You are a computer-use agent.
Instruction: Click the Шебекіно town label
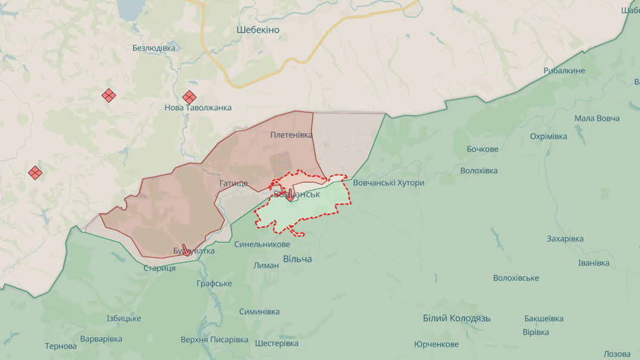tap(258, 30)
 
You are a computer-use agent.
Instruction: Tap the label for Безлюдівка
tap(154, 48)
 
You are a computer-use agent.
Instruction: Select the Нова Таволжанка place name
tap(198, 108)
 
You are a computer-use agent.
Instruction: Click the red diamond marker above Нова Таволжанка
tap(189, 97)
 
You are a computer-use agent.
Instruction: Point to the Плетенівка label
tap(291, 135)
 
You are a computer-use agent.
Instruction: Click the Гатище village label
tap(233, 183)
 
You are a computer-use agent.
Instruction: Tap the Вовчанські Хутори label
tap(389, 183)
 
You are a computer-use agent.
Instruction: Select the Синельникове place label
tap(262, 244)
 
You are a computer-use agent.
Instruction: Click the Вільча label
tap(297, 259)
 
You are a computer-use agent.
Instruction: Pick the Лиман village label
tap(266, 265)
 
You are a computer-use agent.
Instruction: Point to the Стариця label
tap(159, 268)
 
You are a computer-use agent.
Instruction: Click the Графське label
tap(214, 284)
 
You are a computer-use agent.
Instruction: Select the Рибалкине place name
tap(564, 71)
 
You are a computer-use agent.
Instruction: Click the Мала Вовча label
tap(596, 118)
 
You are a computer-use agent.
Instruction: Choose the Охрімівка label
tap(549, 137)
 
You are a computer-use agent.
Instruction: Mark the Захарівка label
tap(565, 239)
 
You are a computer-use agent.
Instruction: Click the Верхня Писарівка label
tap(214, 340)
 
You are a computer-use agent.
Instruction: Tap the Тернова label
tap(61, 346)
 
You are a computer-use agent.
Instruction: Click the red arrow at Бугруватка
tap(186, 250)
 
